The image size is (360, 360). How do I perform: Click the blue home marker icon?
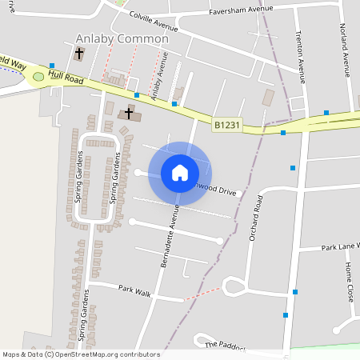tap(180, 172)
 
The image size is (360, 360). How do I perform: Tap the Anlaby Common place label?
tap(122, 38)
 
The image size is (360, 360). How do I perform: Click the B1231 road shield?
tap(226, 125)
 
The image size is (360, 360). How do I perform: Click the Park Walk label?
tap(134, 290)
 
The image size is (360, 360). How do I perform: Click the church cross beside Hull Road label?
tap(78, 54)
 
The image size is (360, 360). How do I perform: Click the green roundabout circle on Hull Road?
tap(38, 77)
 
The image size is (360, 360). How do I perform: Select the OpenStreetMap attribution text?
tap(81, 354)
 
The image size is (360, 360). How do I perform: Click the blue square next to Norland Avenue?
tap(326, 112)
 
